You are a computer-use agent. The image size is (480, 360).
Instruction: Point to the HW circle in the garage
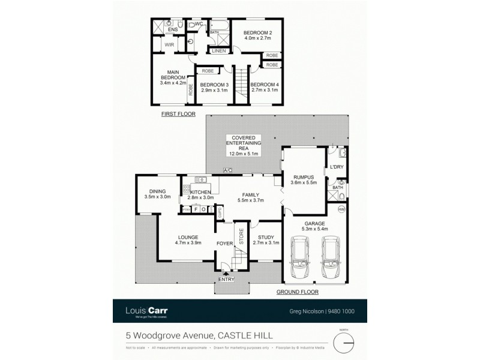click(341, 209)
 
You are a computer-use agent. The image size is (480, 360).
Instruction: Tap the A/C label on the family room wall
click(227, 170)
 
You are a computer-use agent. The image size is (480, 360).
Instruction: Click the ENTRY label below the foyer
click(226, 278)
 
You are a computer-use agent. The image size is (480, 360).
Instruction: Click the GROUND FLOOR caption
click(297, 292)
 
